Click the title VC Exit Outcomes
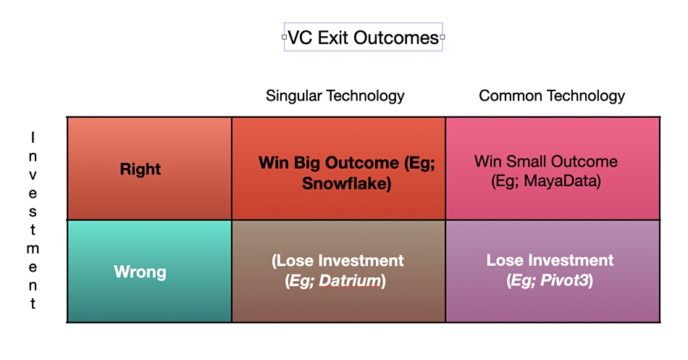click(x=364, y=38)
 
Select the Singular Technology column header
click(x=335, y=96)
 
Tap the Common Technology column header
click(x=552, y=96)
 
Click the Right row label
click(x=140, y=169)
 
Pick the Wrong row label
click(x=140, y=272)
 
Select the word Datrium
click(x=350, y=280)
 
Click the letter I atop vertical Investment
click(x=33, y=138)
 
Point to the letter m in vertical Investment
click(x=33, y=249)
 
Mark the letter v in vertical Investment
click(x=33, y=175)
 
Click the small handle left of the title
click(x=285, y=38)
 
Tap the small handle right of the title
click(x=442, y=38)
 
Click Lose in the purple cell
click(x=505, y=260)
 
